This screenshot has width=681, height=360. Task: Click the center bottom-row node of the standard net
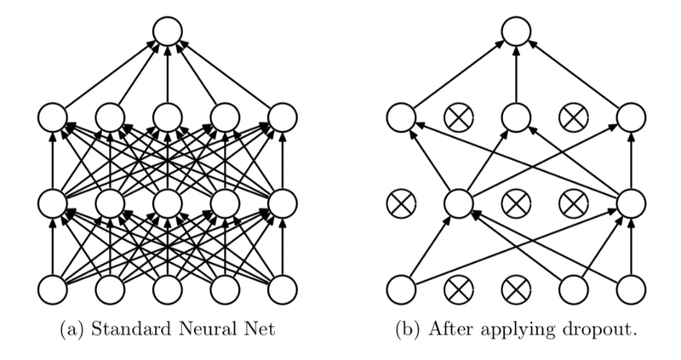click(167, 289)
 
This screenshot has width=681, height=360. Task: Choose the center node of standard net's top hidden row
click(167, 116)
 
